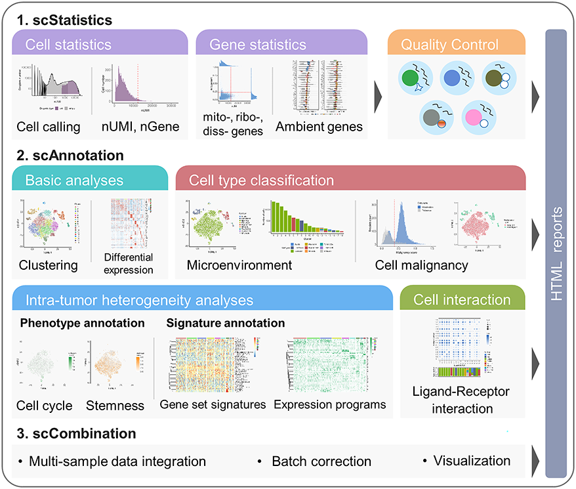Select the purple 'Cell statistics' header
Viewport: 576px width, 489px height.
click(x=68, y=45)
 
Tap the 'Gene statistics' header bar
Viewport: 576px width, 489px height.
click(x=258, y=45)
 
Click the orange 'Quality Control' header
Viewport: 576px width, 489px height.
click(x=450, y=45)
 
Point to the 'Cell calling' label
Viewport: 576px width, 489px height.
click(x=49, y=127)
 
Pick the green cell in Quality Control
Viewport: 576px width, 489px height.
click(x=410, y=79)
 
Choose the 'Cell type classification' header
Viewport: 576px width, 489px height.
click(x=261, y=179)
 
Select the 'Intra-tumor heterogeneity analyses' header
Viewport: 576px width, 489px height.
click(x=139, y=301)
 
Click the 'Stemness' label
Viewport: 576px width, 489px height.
click(x=115, y=405)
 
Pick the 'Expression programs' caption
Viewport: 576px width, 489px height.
click(x=329, y=405)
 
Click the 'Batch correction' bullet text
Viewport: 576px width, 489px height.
click(x=321, y=461)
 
